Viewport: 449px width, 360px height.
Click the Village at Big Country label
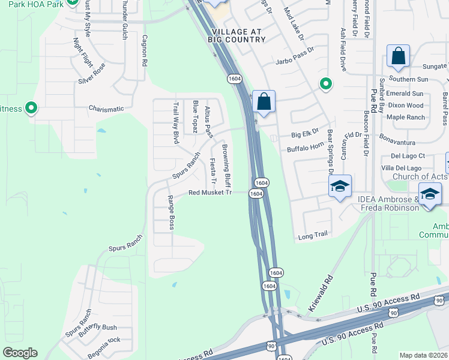[x=237, y=35]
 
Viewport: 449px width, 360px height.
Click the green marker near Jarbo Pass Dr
[x=325, y=83]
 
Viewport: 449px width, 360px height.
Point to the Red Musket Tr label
[x=209, y=193]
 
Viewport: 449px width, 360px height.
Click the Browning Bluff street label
[x=227, y=165]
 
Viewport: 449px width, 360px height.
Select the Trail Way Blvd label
[x=176, y=123]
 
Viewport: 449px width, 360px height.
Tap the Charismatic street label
[x=106, y=109]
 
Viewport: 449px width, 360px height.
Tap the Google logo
[x=20, y=353]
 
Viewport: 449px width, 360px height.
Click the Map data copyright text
[x=423, y=355]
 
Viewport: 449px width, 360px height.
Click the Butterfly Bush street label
[x=97, y=327]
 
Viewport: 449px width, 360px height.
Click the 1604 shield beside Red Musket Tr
[x=256, y=193]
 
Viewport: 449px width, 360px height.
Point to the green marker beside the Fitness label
[x=31, y=109]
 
